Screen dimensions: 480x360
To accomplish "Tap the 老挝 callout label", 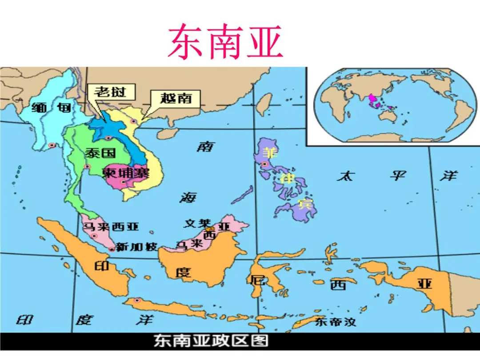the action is click(110, 92).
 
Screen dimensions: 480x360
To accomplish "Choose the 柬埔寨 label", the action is click(126, 172).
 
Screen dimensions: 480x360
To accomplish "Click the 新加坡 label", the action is click(136, 247).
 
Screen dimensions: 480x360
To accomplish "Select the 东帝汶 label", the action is click(336, 321).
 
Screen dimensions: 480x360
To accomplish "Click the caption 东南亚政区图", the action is click(211, 341).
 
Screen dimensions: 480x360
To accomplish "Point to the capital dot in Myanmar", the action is click(52, 145).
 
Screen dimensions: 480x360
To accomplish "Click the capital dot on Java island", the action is click(137, 301).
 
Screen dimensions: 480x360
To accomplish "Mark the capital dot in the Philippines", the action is click(265, 164).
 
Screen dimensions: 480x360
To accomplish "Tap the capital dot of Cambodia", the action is click(124, 181).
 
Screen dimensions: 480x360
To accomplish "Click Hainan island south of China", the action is click(166, 133).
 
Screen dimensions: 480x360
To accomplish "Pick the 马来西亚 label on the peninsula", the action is click(110, 227).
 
